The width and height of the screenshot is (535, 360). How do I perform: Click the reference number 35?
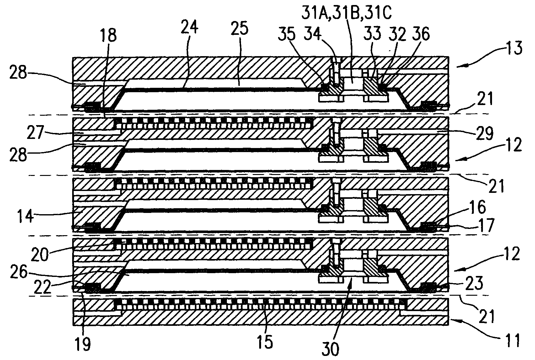pos(287,35)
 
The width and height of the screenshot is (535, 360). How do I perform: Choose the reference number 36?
pos(421,34)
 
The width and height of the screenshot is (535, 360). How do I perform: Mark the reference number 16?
pos(478,208)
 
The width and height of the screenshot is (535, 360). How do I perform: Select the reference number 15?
pos(266,342)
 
